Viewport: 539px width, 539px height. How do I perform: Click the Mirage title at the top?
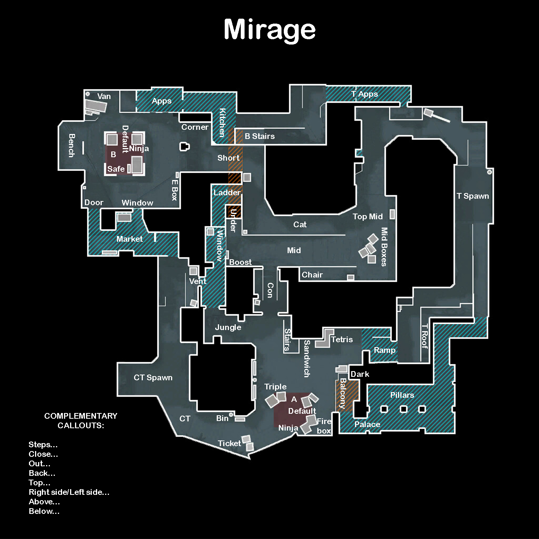pyautogui.click(x=270, y=30)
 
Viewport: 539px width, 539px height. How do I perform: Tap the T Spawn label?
pyautogui.click(x=473, y=196)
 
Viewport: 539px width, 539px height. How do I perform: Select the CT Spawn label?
pyautogui.click(x=153, y=378)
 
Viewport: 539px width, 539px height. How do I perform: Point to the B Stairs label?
pyautogui.click(x=259, y=136)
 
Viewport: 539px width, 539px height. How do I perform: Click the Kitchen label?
pyautogui.click(x=222, y=123)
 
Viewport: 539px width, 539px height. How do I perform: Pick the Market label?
pyautogui.click(x=130, y=239)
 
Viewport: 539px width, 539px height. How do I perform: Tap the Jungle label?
pyautogui.click(x=228, y=327)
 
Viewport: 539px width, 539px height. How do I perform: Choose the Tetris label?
pyautogui.click(x=342, y=340)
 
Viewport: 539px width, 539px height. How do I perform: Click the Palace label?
pyautogui.click(x=367, y=424)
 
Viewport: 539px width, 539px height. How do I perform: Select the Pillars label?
pyautogui.click(x=402, y=395)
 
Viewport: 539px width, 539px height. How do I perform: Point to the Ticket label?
pyautogui.click(x=229, y=443)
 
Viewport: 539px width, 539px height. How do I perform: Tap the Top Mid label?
pyautogui.click(x=367, y=217)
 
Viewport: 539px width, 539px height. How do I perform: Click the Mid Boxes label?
pyautogui.click(x=384, y=247)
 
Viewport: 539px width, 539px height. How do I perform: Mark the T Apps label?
pyautogui.click(x=365, y=94)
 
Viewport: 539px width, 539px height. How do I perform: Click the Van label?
pyautogui.click(x=104, y=96)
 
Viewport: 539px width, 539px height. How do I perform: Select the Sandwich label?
pyautogui.click(x=307, y=359)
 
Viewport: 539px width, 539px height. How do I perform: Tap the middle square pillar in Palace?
pyautogui.click(x=403, y=409)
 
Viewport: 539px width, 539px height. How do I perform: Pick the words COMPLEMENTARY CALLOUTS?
pyautogui.click(x=81, y=421)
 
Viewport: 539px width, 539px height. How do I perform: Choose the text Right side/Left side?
pyautogui.click(x=69, y=492)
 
